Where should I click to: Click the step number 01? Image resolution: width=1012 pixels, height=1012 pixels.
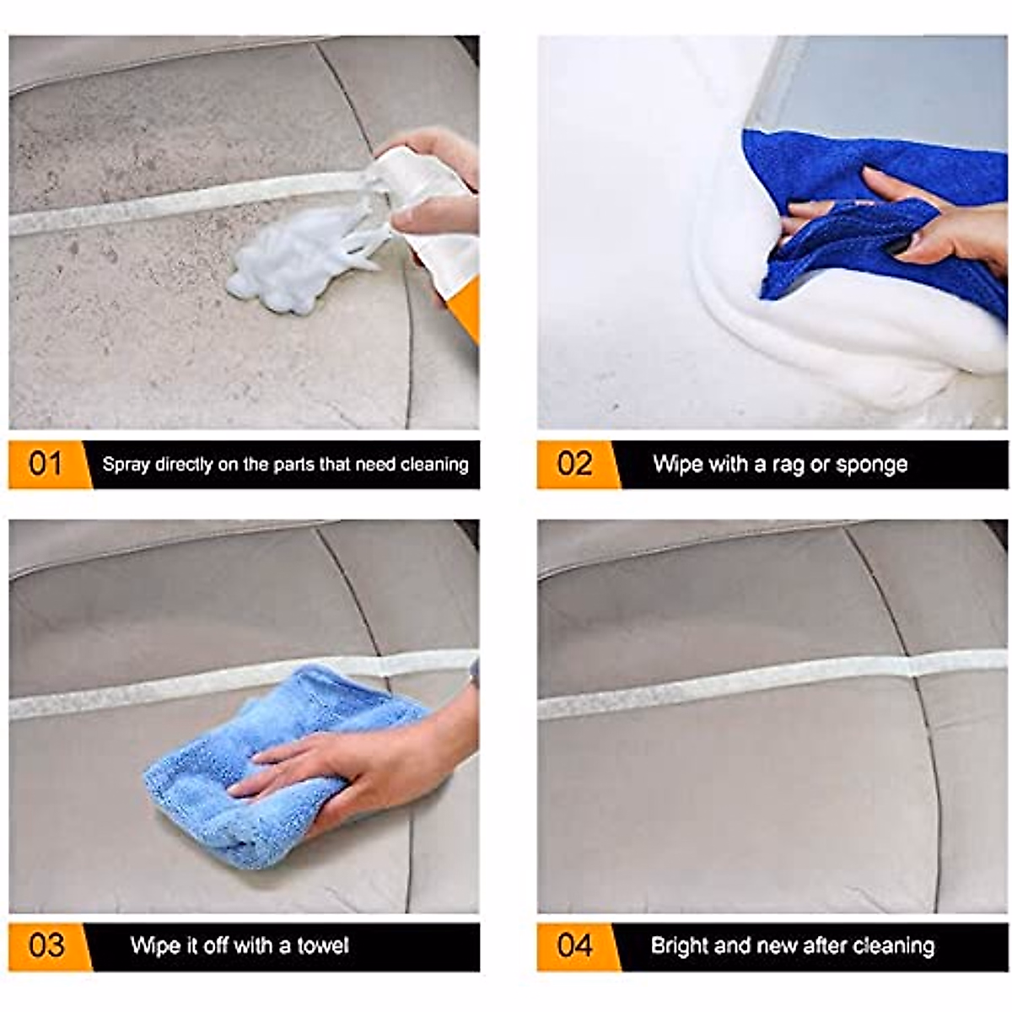coord(46,464)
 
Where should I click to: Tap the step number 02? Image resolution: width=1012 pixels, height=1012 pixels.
coord(574,464)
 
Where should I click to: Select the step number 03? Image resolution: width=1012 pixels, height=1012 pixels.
coord(46,945)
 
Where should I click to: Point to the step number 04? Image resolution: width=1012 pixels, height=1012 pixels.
coord(574,945)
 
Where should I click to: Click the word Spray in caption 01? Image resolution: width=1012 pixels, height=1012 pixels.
coord(126,465)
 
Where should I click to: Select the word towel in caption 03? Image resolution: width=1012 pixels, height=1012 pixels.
coord(322,945)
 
